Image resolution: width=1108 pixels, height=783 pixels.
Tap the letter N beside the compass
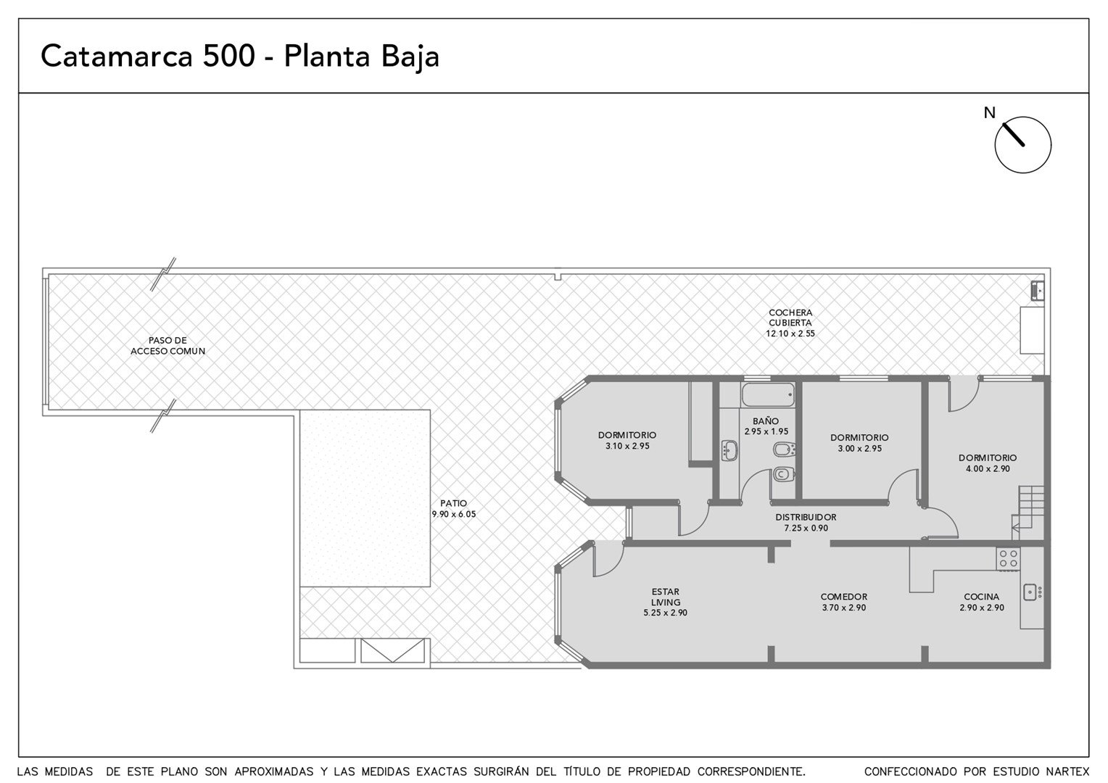[989, 113]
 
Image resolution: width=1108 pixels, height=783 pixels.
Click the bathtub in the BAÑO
[768, 394]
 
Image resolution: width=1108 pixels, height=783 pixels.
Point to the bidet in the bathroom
[784, 449]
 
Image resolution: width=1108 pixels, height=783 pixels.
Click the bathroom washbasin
[729, 451]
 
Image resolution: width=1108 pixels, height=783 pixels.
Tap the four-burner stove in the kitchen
[1008, 559]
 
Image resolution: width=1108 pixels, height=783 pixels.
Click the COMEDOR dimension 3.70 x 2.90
[844, 608]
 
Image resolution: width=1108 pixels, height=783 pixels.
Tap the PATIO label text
[453, 504]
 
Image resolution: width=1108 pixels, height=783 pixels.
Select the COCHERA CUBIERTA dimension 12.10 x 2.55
[790, 333]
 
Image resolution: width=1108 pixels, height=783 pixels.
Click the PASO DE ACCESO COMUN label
[168, 346]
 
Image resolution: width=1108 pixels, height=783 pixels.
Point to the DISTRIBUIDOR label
[806, 517]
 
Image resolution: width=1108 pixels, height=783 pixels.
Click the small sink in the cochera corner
[1037, 290]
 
